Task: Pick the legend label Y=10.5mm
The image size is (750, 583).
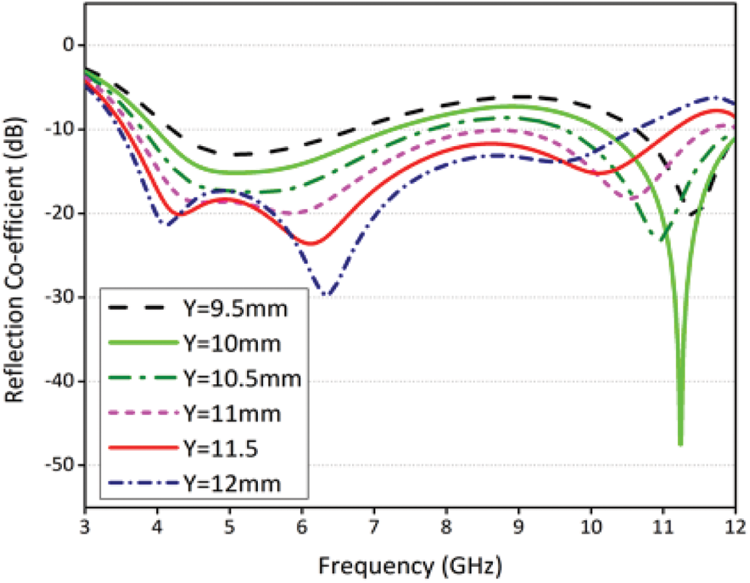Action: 239,379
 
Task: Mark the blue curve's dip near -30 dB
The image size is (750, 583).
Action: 328,295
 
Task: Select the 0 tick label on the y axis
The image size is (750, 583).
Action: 69,45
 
